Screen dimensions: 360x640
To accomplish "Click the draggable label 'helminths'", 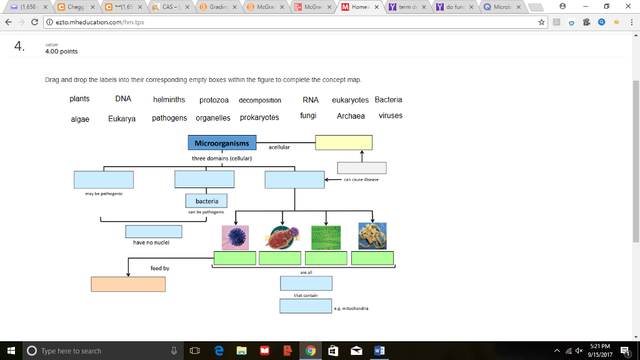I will click(169, 100).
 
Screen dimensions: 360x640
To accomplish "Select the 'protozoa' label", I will click(214, 100).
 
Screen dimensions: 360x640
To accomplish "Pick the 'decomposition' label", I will click(260, 100).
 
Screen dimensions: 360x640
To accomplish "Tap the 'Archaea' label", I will click(351, 116).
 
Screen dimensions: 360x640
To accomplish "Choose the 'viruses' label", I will click(391, 116).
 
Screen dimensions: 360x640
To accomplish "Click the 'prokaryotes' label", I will click(259, 117).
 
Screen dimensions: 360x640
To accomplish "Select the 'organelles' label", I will click(212, 117).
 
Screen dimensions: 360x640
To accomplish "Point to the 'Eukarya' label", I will click(122, 118).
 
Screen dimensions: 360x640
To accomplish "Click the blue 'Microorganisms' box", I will click(221, 143).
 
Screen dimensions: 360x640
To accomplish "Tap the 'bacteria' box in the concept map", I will click(207, 201).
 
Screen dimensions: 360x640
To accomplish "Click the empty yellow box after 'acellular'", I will click(344, 142).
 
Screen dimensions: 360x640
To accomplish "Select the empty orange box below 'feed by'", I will click(128, 284).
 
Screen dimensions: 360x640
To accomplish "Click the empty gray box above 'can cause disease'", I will click(362, 167).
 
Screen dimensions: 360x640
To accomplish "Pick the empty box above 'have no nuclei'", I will click(154, 231).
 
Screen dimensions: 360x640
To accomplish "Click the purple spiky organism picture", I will click(236, 237).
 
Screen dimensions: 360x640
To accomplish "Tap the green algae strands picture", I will click(326, 237).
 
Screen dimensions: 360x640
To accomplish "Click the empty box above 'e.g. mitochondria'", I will click(306, 306).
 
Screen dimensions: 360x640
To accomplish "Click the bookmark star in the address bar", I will click(541, 22).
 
